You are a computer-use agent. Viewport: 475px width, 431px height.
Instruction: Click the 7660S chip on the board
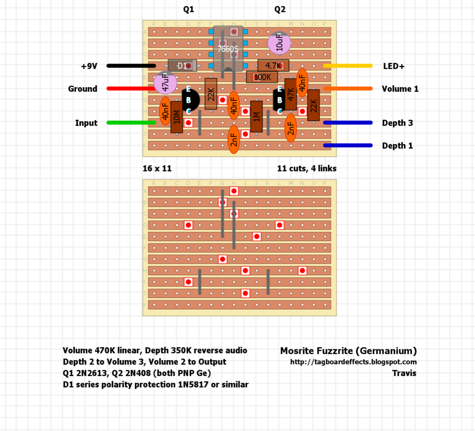point(228,49)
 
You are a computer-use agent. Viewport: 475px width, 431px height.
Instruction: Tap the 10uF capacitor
point(279,43)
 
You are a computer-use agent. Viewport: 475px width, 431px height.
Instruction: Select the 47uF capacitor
point(165,84)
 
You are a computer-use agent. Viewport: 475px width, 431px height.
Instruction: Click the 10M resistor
point(176,117)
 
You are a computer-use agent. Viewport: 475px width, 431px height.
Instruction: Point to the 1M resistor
point(257,116)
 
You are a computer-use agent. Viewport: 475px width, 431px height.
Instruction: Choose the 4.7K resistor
point(273,66)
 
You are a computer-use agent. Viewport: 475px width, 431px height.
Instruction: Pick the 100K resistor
point(262,77)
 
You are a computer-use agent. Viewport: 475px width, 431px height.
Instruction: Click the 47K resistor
point(291,94)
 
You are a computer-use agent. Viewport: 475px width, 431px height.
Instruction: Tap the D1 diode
point(182,66)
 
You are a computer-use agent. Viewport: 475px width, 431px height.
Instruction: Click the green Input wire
point(131,123)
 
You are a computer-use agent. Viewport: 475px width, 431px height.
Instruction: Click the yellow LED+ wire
point(347,66)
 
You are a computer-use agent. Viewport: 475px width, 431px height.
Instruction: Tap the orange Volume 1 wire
point(347,88)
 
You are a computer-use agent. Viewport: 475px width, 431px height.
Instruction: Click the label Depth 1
point(397,146)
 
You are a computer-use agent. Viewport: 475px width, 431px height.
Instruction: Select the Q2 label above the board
point(280,9)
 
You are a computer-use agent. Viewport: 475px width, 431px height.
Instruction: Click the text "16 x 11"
point(157,169)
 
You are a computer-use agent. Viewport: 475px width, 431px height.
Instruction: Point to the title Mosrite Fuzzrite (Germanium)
point(348,351)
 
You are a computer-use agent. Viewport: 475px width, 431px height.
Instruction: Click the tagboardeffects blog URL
point(353,362)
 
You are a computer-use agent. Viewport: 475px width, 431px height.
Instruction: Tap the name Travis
point(404,373)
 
